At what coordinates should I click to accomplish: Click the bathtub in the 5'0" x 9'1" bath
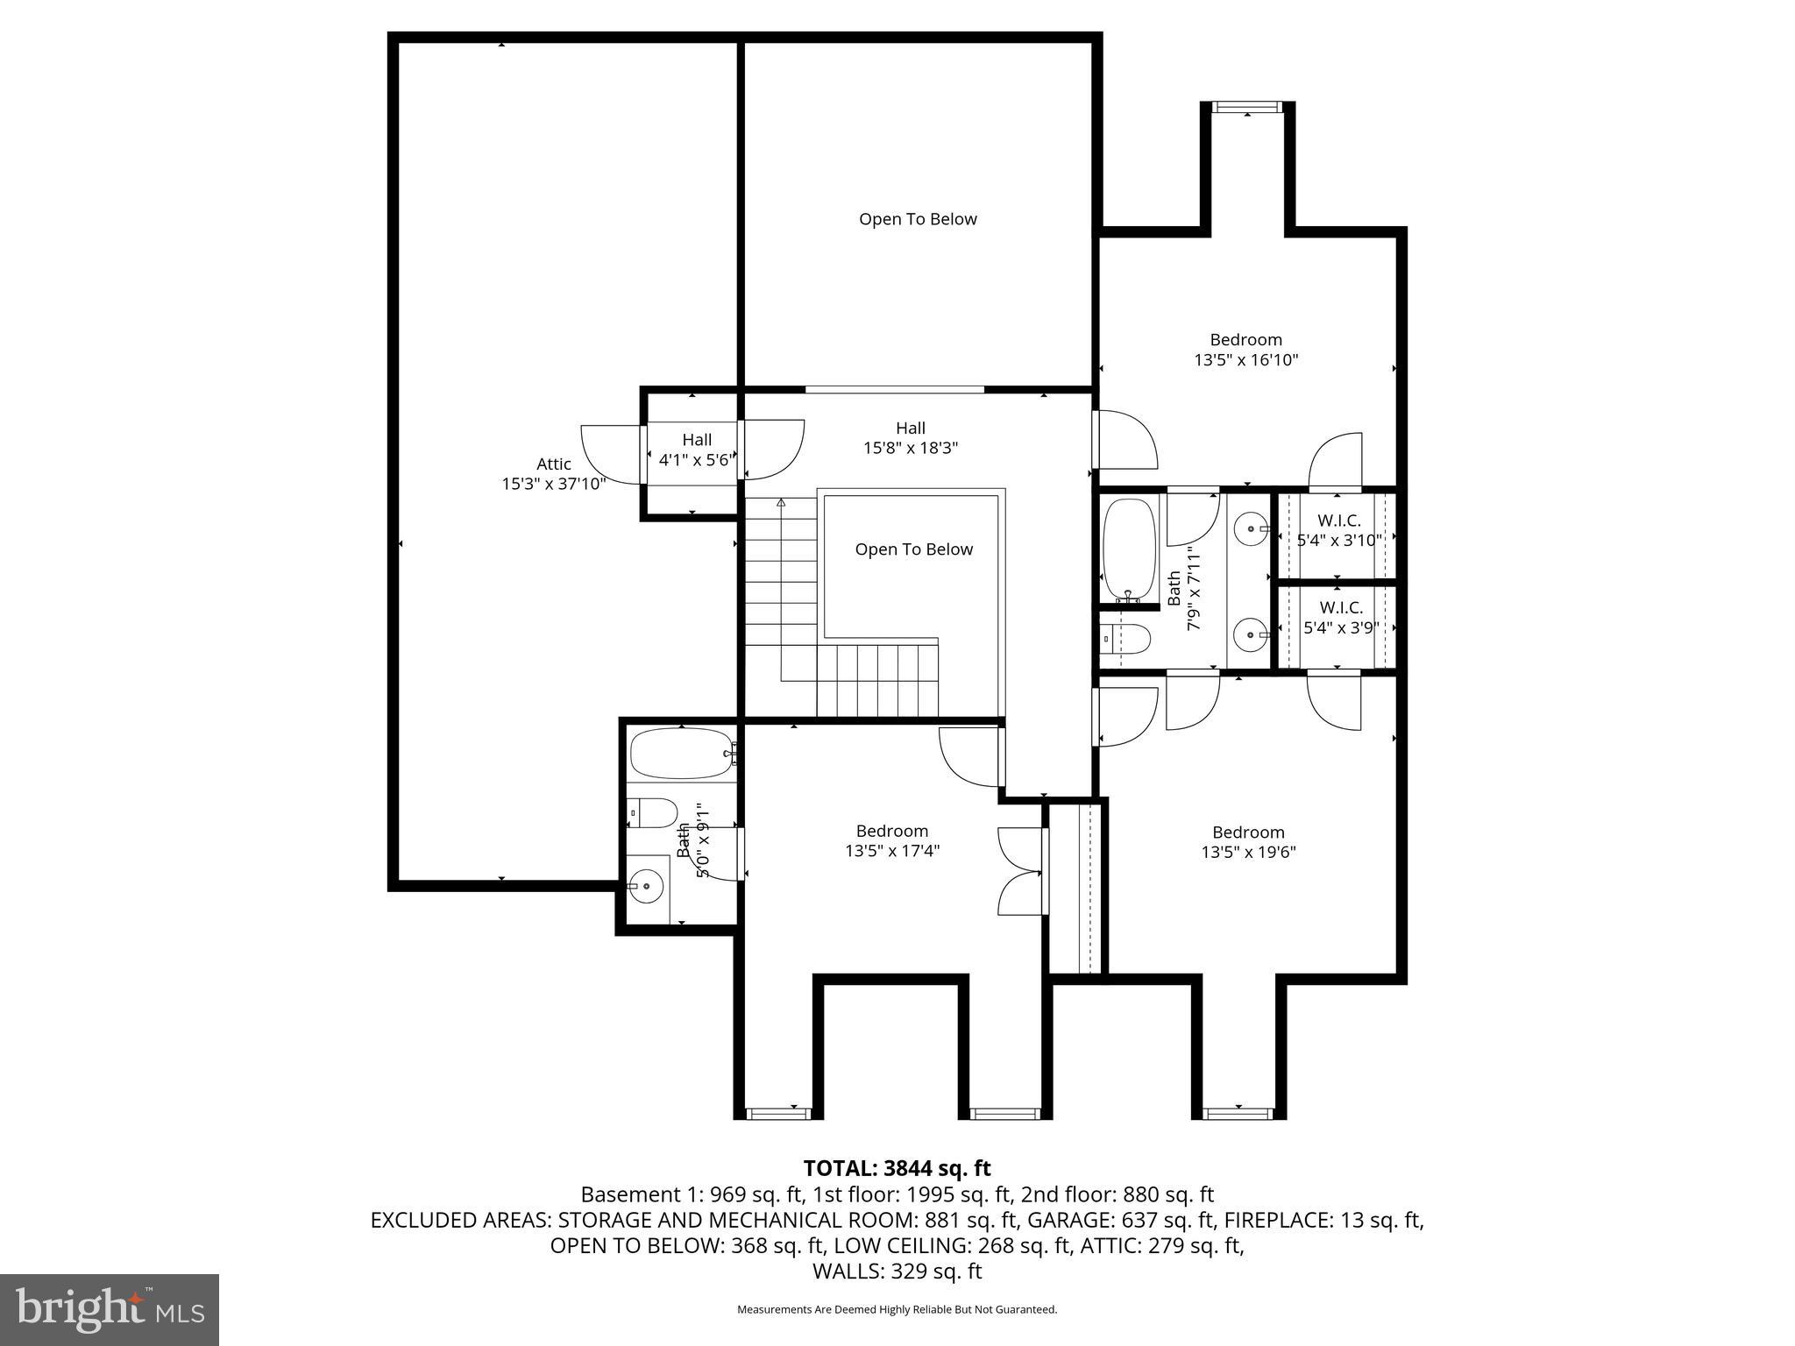click(x=681, y=754)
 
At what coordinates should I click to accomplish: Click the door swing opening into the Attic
click(x=611, y=453)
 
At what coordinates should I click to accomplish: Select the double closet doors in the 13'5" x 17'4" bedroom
click(x=1021, y=872)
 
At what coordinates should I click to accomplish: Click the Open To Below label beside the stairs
click(x=913, y=549)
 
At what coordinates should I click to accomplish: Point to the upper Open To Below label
click(x=917, y=219)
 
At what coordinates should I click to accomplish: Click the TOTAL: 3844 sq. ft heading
click(x=897, y=1168)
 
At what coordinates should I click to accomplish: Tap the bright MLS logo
click(x=110, y=1309)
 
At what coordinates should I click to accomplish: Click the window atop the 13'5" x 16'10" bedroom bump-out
click(x=1246, y=107)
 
